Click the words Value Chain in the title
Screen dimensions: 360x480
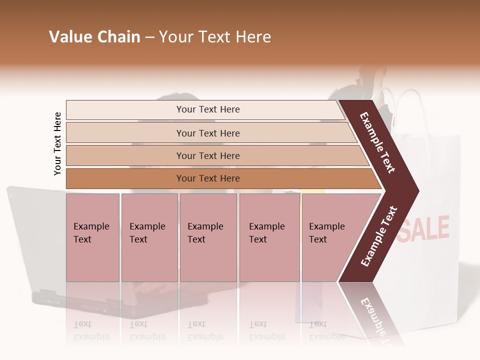(94, 37)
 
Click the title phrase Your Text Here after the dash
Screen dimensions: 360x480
(215, 37)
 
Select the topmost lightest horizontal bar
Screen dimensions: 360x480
(208, 109)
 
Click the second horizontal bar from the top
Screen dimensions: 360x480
(208, 133)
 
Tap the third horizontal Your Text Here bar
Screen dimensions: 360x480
(208, 155)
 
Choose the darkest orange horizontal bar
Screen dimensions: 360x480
(208, 178)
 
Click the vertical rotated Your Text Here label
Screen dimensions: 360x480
(57, 143)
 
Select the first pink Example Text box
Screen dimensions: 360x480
(92, 237)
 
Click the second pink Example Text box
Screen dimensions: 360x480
(149, 237)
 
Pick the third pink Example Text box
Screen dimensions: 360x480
(208, 237)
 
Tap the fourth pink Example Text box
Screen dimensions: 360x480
(269, 237)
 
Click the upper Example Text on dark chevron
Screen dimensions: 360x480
(377, 142)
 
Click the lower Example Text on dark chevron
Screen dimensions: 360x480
(378, 236)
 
